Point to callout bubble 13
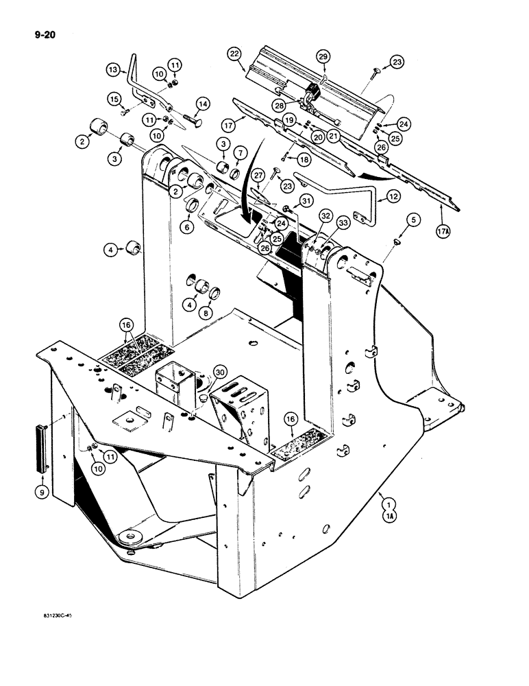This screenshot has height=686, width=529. [x=113, y=69]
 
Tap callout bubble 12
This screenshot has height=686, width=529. [x=393, y=196]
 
